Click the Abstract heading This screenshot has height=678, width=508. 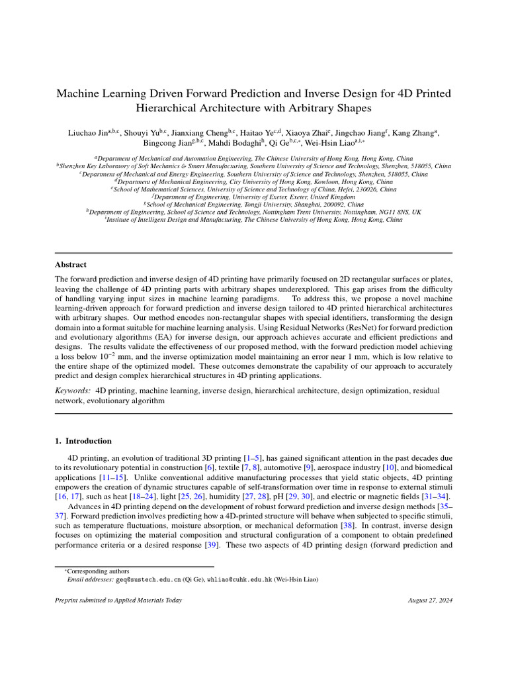point(70,264)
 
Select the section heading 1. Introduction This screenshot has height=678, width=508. point(83,441)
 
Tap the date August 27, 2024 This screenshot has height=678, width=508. point(431,600)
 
